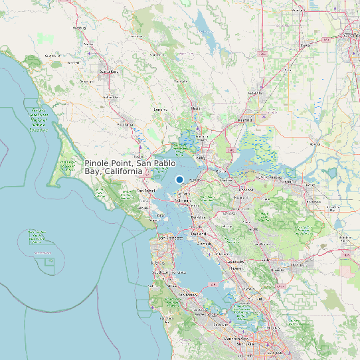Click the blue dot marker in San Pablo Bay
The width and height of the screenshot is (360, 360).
[179, 179]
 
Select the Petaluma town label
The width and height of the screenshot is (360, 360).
[125, 124]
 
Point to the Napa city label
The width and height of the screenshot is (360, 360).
[195, 108]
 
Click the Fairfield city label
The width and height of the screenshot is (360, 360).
[245, 120]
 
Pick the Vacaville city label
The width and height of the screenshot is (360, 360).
[252, 94]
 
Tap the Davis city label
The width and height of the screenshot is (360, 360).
[306, 45]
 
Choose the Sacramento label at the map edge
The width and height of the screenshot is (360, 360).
[351, 36]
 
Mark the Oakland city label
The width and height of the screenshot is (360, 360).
[198, 234]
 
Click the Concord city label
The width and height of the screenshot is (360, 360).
[246, 190]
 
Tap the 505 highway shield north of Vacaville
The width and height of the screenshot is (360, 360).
[264, 51]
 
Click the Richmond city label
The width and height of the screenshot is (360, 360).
[181, 200]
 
